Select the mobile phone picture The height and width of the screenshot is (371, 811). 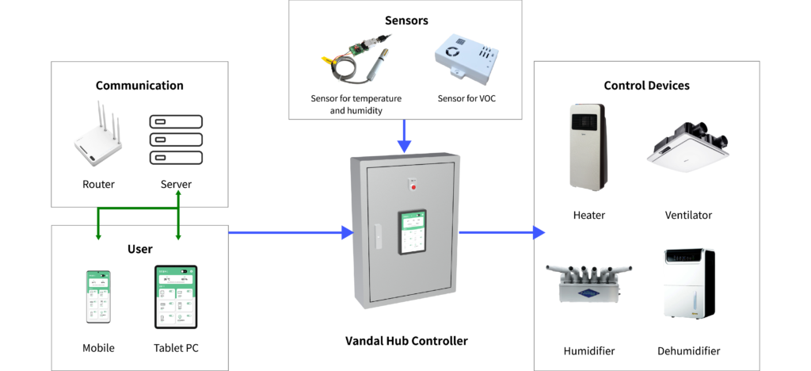[98, 296]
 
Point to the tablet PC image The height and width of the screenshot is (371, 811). [175, 296]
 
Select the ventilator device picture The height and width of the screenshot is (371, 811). [688, 147]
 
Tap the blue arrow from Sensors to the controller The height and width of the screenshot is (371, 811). [404, 136]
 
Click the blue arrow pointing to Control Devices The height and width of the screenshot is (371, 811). [502, 232]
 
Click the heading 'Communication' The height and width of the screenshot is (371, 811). [139, 86]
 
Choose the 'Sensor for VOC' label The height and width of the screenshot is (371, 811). [467, 99]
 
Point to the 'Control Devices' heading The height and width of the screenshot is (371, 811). [646, 86]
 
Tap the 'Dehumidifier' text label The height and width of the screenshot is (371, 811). [688, 351]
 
